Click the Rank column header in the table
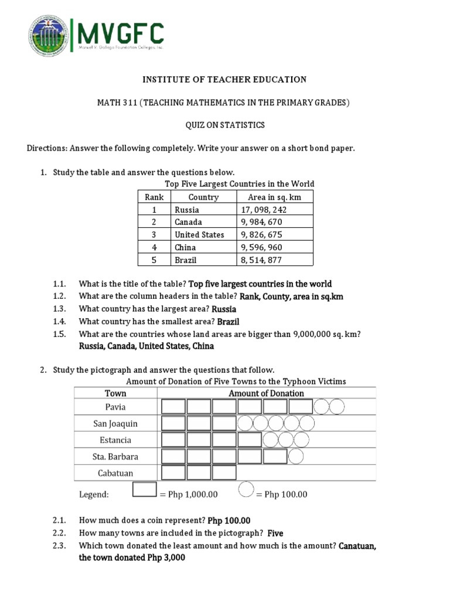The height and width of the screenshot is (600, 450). [154, 197]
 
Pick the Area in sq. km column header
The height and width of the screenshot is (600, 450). [274, 197]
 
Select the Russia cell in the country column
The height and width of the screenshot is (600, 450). [187, 210]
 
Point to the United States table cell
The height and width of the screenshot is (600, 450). [199, 234]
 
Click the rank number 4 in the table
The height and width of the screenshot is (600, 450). [154, 247]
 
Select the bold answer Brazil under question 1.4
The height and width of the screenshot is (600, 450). [228, 322]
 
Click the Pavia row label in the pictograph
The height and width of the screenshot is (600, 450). [117, 407]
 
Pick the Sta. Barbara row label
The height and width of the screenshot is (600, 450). [116, 456]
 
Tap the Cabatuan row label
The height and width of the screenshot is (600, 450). [116, 473]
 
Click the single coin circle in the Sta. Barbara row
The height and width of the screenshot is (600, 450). [296, 456]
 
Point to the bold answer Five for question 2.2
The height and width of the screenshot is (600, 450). [275, 534]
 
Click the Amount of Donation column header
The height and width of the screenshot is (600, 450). [266, 393]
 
